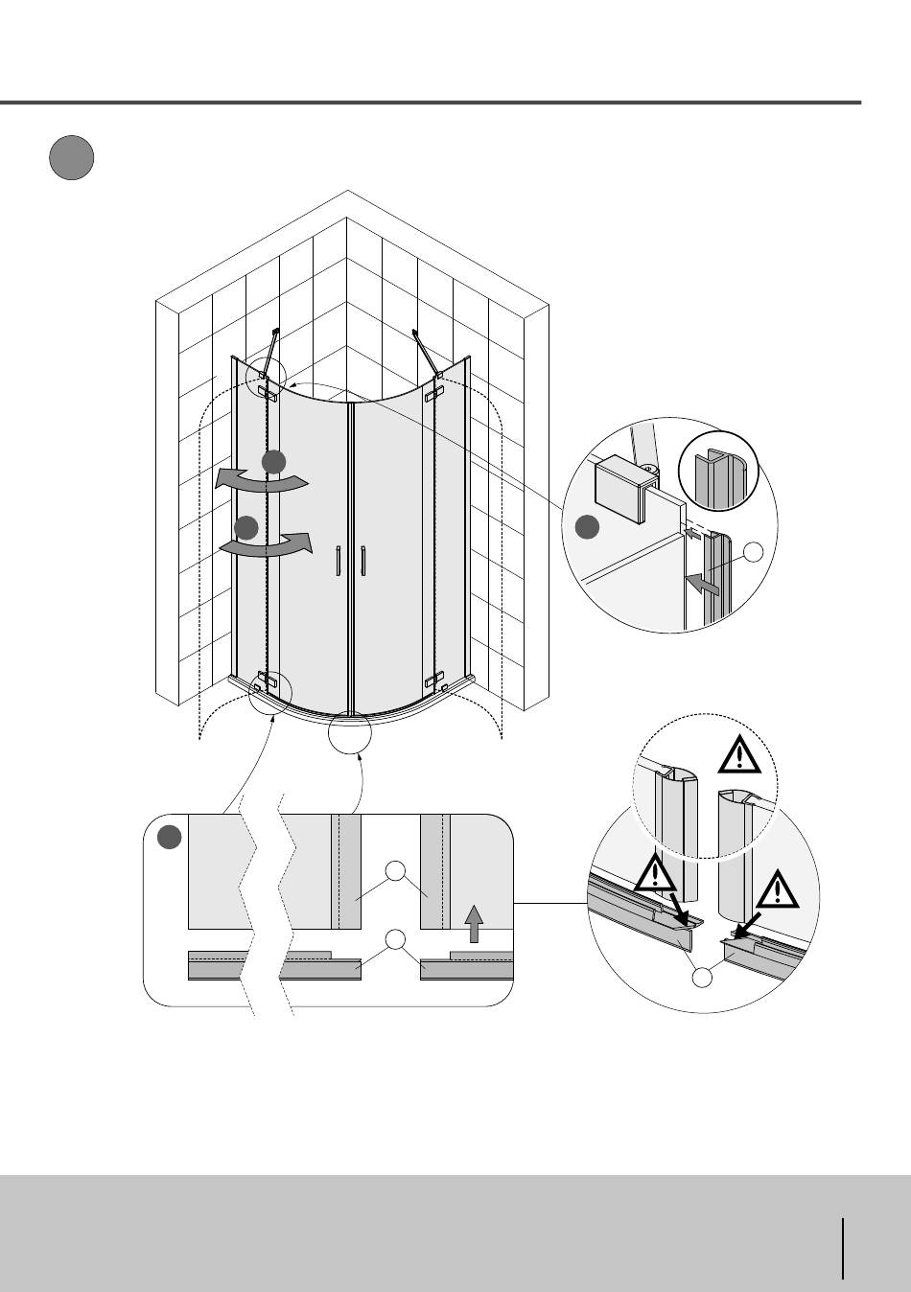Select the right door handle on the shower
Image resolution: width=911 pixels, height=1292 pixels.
tap(363, 562)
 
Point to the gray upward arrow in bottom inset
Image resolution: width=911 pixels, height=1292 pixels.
tap(473, 924)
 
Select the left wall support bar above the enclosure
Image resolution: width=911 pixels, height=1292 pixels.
tap(273, 353)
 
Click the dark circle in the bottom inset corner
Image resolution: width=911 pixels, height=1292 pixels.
tap(170, 837)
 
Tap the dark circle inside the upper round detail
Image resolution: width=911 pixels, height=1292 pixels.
tap(587, 526)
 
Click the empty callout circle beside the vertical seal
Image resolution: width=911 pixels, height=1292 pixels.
tap(755, 551)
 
